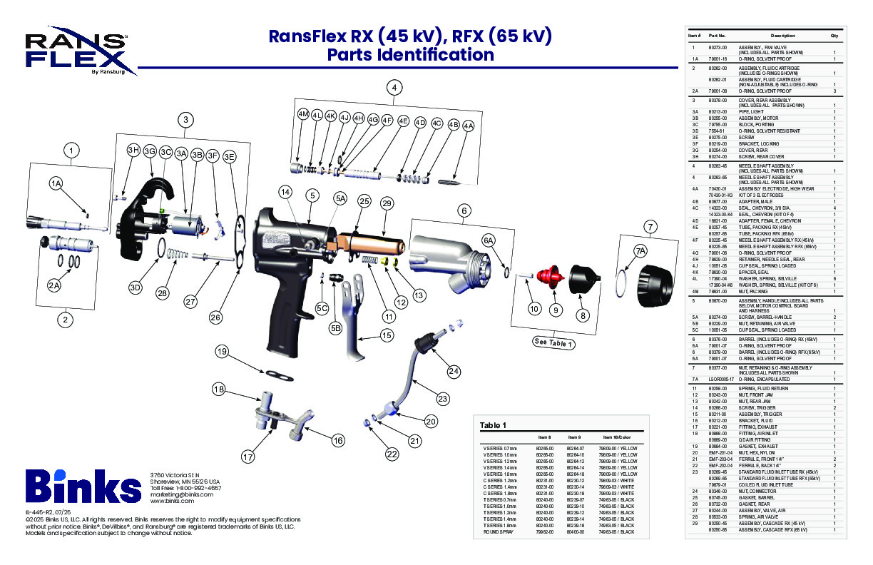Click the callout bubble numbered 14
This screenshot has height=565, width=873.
click(x=285, y=192)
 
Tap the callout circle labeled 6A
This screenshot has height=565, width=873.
click(x=489, y=241)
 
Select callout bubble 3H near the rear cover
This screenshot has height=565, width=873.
click(x=133, y=150)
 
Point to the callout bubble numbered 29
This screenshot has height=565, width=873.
click(x=387, y=203)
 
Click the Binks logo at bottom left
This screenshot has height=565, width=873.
click(x=83, y=487)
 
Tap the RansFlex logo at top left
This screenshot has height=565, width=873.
click(x=77, y=51)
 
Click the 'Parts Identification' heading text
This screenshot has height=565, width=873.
click(x=410, y=55)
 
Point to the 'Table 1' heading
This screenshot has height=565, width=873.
click(x=493, y=425)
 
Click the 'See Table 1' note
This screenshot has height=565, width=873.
click(x=554, y=342)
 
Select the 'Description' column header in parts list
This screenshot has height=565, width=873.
click(x=782, y=35)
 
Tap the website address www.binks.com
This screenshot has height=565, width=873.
click(x=172, y=501)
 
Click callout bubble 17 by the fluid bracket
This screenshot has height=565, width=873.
click(x=248, y=456)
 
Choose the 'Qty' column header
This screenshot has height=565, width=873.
click(x=834, y=35)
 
